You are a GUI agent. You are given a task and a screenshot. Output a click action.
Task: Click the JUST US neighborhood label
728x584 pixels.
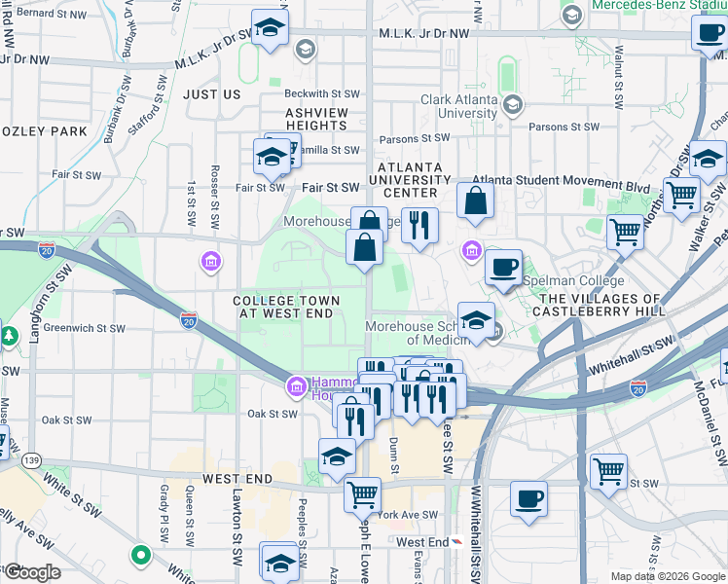(x=211, y=94)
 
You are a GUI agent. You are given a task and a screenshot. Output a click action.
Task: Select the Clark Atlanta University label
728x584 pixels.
(x=459, y=106)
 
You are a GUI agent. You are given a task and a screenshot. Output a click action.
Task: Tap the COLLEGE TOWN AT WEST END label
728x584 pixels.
(x=287, y=308)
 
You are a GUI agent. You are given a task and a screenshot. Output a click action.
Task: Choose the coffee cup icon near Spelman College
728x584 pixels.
(x=503, y=269)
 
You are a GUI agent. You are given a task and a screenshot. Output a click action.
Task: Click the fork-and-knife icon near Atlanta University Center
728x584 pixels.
(x=420, y=226)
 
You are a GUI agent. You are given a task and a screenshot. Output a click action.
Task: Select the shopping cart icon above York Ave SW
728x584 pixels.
(x=363, y=494)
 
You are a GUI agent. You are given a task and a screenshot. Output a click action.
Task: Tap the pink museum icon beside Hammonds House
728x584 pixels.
(x=296, y=388)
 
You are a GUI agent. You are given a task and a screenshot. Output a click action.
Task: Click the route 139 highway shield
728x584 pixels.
(x=33, y=458)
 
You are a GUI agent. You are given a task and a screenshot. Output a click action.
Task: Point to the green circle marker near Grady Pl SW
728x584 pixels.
(x=141, y=556)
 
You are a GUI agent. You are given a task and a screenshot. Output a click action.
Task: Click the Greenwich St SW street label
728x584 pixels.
(x=85, y=328)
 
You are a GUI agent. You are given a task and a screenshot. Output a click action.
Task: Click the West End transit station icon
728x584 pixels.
(x=457, y=542)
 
